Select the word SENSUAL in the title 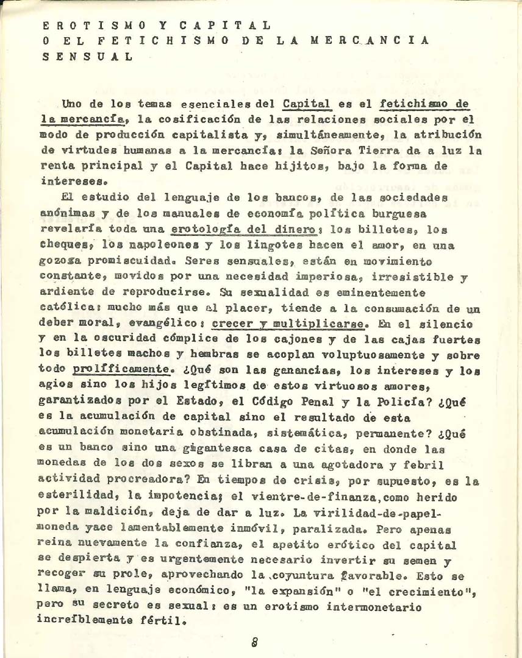coord(88,57)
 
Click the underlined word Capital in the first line coord(307,104)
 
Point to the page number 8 coord(255,641)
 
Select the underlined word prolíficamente coord(120,369)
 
